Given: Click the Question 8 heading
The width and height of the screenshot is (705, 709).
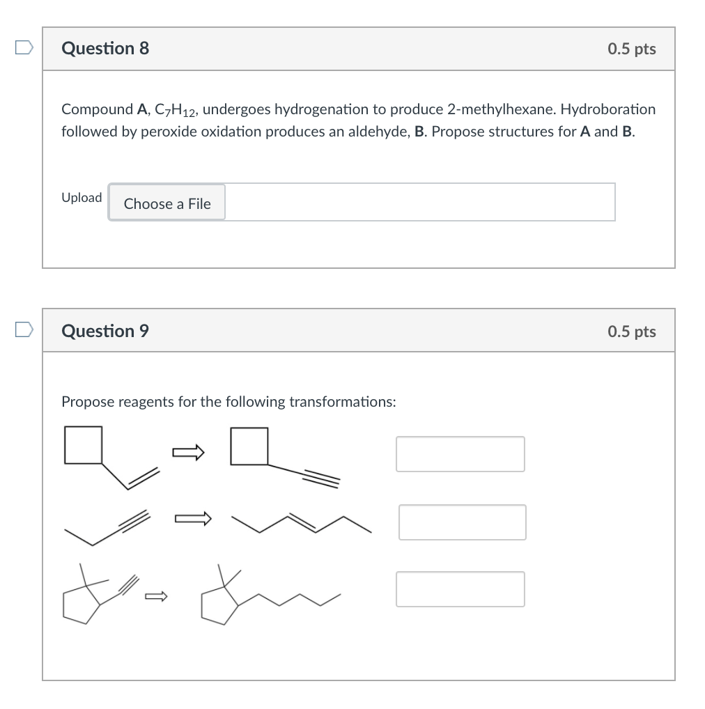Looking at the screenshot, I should coord(105,48).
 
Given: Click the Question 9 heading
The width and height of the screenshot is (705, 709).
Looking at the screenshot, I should coord(105,331).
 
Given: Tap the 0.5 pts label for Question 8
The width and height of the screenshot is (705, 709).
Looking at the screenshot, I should coord(631,49).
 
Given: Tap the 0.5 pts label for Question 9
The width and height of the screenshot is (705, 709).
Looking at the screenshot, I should coord(631,332).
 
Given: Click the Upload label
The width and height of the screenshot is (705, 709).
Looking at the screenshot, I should coord(82,198).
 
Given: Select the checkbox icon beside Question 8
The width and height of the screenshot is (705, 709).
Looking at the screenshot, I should coord(24,47).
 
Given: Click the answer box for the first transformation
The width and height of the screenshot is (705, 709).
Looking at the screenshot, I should coord(460,454).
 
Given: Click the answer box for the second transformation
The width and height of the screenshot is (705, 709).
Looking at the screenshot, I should coord(462,522).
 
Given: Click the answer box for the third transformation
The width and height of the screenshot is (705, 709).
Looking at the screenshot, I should coord(460,589).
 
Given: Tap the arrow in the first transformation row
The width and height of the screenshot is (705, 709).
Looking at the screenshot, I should coord(189,453).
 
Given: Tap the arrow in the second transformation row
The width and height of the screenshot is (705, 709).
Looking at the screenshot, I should coord(192,518).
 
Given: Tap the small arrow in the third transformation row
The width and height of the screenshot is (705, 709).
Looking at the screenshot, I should coord(156,595).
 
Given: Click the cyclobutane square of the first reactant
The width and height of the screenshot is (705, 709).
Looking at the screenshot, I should coord(84,445).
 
